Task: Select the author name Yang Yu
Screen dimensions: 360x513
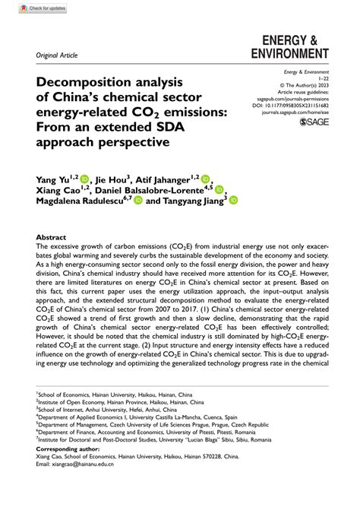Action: pos(54,179)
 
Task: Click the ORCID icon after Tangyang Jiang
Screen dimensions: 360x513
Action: pos(234,202)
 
